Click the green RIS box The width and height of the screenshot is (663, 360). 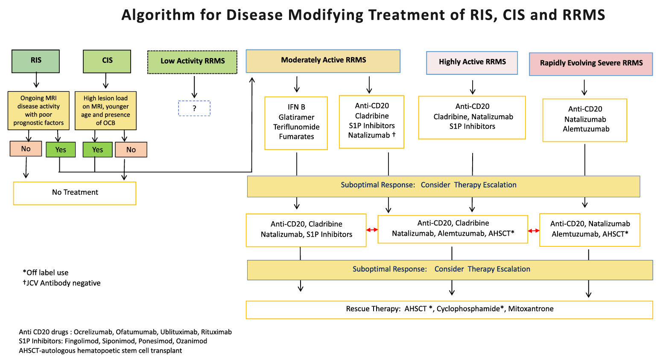coord(35,61)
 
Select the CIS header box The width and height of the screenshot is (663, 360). coord(107,61)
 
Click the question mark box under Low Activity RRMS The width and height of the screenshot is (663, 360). coord(194,108)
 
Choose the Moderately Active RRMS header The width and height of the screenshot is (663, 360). coord(323,61)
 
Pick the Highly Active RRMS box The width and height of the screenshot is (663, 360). coord(472,62)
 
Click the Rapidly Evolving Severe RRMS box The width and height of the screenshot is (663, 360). coord(591,64)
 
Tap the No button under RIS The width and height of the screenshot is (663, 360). coord(26,149)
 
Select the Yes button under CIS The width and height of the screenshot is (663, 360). coord(97,150)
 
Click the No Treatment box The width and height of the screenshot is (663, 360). coord(75,193)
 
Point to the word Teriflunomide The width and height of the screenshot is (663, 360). coord(296,127)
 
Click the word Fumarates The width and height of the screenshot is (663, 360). coord(296,137)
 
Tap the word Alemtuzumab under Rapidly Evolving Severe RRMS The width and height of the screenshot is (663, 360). coord(586,129)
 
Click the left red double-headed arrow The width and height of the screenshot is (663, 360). coord(372,230)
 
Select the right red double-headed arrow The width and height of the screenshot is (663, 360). coord(534,231)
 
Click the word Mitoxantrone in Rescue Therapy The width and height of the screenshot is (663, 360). coord(531,309)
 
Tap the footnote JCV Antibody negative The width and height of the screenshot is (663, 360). coord(62,283)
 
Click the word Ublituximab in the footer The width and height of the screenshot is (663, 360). coord(178,332)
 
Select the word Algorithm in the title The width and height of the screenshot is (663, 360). coord(158,15)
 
